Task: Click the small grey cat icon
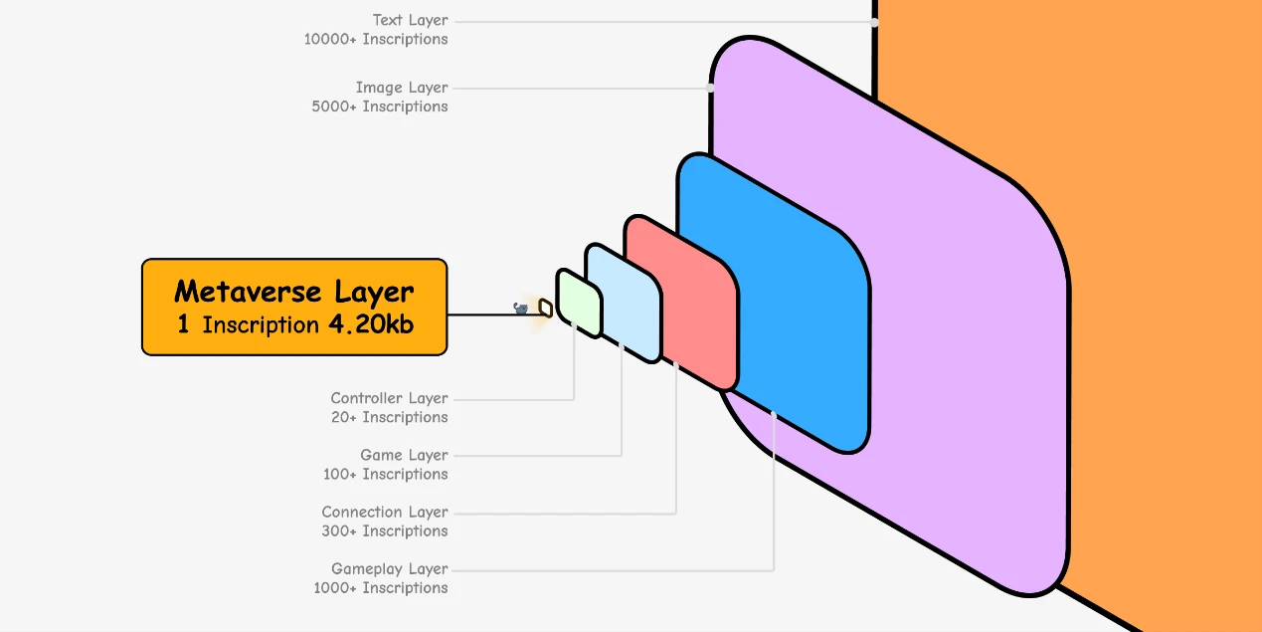(x=520, y=309)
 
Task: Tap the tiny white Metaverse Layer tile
(x=545, y=308)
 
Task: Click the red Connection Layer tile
(x=686, y=299)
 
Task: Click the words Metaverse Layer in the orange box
(x=293, y=292)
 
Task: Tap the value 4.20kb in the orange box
(x=370, y=324)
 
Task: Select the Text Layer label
(x=410, y=20)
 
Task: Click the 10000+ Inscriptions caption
(x=376, y=39)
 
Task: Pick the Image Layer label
(x=402, y=88)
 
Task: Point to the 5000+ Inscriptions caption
(x=380, y=106)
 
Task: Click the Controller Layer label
(x=389, y=398)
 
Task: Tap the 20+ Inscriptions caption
(x=389, y=417)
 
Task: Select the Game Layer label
(x=404, y=455)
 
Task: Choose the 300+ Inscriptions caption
(x=385, y=530)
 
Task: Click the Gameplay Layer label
(x=390, y=568)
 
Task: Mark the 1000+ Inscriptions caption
(x=381, y=587)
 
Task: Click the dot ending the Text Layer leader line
(x=875, y=21)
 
